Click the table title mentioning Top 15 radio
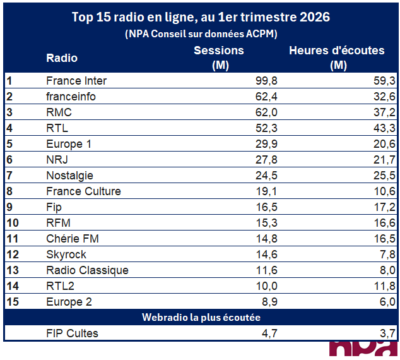[x=201, y=17]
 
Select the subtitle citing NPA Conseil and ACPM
[x=201, y=33]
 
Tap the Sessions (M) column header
[x=219, y=57]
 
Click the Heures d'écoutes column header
[x=337, y=57]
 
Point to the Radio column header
[x=62, y=58]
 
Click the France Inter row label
[x=76, y=81]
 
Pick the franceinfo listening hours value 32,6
[x=384, y=97]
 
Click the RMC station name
[x=59, y=112]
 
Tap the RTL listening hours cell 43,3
[x=384, y=128]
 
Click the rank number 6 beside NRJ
[x=9, y=160]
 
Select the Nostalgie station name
[x=69, y=176]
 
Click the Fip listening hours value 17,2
[x=384, y=207]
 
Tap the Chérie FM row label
[x=73, y=239]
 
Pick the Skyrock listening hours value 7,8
[x=386, y=255]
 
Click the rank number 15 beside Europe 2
[x=12, y=302]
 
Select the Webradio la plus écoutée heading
[x=201, y=317]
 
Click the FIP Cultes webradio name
[x=72, y=333]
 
